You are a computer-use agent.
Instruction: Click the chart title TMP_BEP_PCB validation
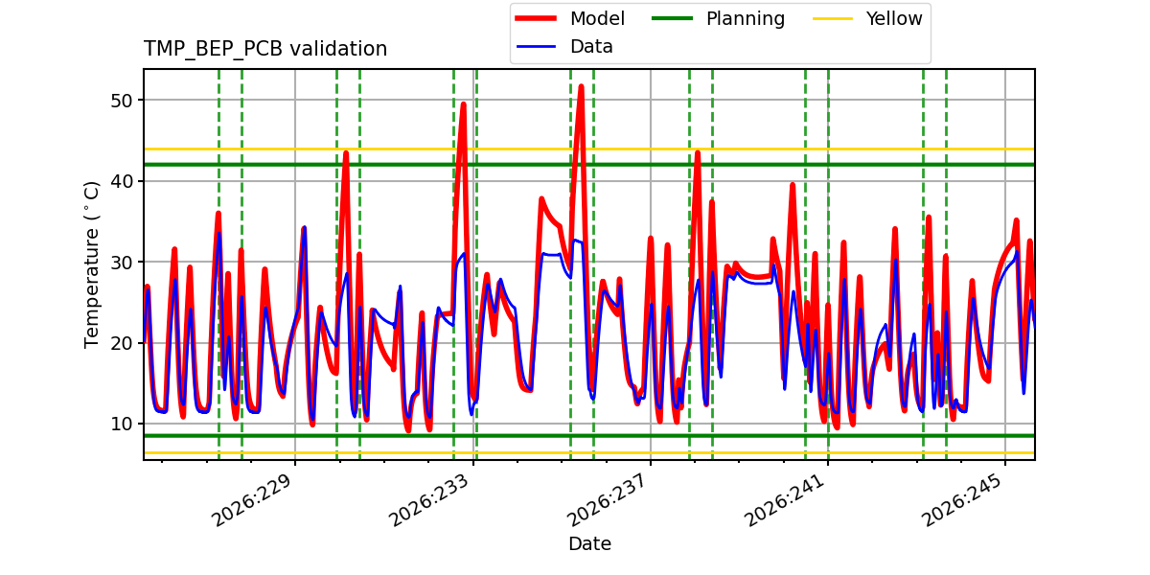coord(264,49)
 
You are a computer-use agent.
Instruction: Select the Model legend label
coord(597,18)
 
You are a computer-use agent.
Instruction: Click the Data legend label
coord(591,47)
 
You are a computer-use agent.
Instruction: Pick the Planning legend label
coord(746,19)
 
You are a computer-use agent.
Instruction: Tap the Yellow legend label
coord(894,18)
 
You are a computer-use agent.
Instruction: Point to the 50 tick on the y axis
coord(122,101)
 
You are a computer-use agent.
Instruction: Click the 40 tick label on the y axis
coord(122,182)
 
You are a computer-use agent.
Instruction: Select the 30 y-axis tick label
coord(122,263)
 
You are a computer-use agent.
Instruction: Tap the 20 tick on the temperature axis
coord(122,343)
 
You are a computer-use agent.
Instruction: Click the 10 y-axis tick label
coord(122,424)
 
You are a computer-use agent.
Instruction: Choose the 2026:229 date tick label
coord(251,500)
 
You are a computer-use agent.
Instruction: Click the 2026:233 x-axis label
coord(429,500)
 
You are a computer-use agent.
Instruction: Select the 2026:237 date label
coord(607,500)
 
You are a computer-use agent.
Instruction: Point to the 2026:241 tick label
coord(785,500)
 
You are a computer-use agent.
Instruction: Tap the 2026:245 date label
coord(962,500)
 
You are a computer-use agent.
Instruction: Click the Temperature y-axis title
coord(91,264)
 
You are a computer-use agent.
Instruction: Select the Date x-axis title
coord(589,543)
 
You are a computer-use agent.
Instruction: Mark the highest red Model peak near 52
coord(581,86)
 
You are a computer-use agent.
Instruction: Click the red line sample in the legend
coord(536,18)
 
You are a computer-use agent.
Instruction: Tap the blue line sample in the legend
coord(536,47)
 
